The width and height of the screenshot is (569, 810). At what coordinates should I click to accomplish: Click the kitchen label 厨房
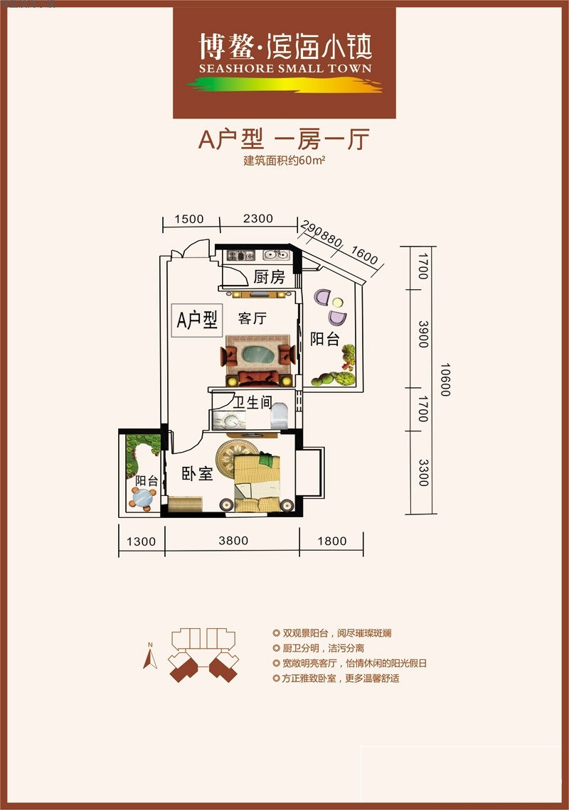(269, 277)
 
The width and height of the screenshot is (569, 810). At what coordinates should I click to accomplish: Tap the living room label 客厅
(252, 318)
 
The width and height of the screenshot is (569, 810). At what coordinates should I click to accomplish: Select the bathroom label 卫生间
(254, 403)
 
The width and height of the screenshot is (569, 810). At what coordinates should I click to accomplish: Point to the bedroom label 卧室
(197, 474)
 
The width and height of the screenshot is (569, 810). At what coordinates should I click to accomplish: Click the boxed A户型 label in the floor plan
(197, 320)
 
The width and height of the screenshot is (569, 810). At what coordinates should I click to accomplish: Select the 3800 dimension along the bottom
(233, 541)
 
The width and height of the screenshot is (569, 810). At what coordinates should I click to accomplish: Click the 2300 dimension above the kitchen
(257, 219)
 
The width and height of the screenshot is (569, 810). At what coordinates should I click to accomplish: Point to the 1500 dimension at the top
(189, 219)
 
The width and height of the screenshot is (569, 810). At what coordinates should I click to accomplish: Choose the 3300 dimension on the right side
(423, 472)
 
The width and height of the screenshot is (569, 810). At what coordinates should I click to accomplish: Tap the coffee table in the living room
(258, 355)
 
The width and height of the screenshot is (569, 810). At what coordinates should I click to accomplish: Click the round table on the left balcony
(144, 497)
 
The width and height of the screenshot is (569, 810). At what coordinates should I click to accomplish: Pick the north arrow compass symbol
(150, 658)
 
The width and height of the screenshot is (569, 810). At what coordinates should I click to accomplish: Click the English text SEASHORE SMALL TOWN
(285, 69)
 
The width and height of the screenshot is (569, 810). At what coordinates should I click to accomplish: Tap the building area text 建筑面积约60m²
(284, 160)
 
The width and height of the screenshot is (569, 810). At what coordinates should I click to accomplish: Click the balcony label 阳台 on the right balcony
(324, 339)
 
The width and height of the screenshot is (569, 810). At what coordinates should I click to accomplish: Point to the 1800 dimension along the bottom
(331, 541)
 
